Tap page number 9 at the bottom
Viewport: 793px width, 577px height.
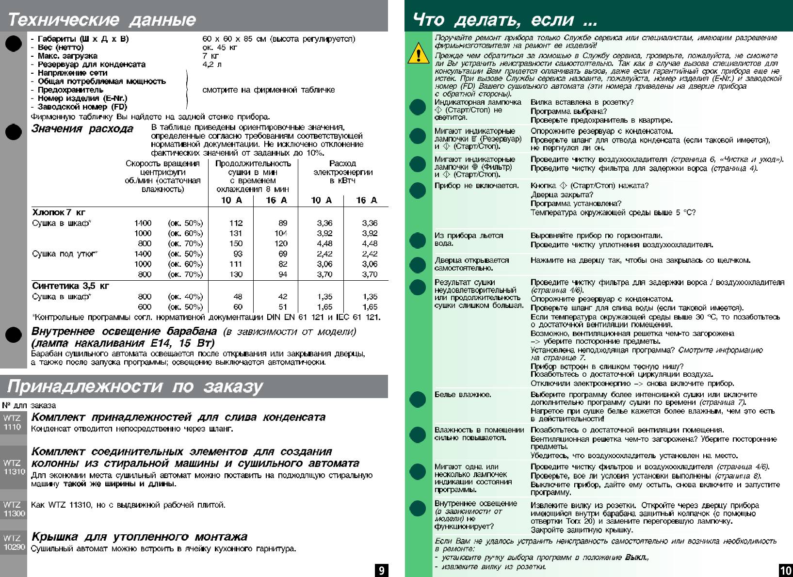click(382, 570)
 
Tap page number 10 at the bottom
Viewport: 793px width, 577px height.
click(785, 570)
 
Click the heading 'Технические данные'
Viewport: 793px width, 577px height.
click(102, 20)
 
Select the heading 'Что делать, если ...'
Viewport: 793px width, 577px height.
click(505, 20)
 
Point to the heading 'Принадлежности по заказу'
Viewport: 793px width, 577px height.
click(135, 386)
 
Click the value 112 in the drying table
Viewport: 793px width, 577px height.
click(236, 223)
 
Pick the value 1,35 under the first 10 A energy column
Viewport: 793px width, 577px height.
click(324, 296)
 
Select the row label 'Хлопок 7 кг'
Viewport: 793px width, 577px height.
click(59, 212)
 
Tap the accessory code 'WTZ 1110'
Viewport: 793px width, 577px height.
click(13, 422)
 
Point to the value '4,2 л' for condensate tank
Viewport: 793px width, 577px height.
click(212, 64)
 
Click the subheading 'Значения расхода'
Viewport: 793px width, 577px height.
click(82, 128)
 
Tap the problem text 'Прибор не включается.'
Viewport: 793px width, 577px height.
click(476, 185)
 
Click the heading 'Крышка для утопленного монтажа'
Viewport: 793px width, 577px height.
click(139, 537)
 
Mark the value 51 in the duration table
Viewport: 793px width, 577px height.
click(283, 307)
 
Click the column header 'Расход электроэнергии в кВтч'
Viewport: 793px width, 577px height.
click(342, 172)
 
